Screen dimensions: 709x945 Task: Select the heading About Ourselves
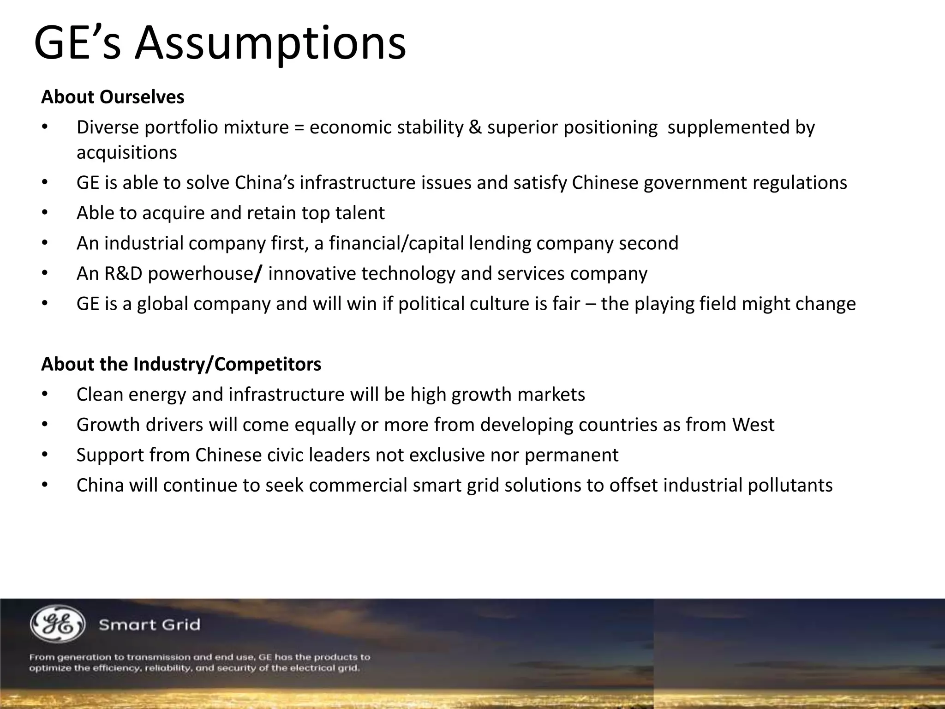(x=113, y=97)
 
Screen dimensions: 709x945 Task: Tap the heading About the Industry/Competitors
(x=181, y=364)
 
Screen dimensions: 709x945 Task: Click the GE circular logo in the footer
(x=58, y=624)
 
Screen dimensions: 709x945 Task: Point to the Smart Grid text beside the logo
(x=150, y=625)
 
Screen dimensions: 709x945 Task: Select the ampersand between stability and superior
(x=475, y=127)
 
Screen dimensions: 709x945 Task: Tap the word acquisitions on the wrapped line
(x=126, y=153)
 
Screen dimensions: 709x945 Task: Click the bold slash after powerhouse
(x=259, y=274)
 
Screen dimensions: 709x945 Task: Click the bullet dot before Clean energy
(x=44, y=395)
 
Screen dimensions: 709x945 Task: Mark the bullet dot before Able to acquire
(x=44, y=213)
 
